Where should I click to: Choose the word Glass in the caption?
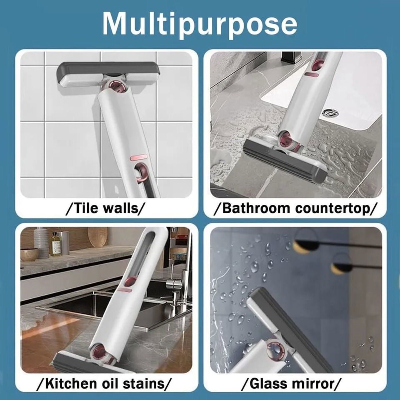tap(265, 384)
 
